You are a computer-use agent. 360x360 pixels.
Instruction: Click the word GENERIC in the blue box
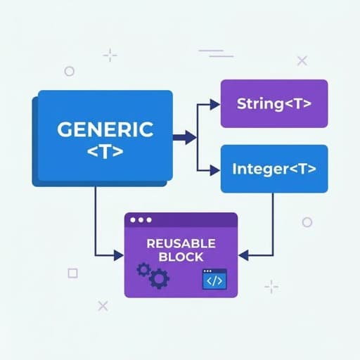105,130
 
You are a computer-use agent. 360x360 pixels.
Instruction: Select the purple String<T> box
274,104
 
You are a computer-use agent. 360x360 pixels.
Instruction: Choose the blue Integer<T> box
274,169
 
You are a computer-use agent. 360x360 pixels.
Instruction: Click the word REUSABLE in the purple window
181,243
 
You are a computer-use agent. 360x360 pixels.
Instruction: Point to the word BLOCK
181,258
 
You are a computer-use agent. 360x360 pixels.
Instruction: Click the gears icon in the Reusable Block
153,275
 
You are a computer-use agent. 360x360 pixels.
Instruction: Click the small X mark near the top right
302,61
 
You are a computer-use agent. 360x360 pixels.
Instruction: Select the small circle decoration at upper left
69,71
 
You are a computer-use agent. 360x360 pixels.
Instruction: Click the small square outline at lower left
72,273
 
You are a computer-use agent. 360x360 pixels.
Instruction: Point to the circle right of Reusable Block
307,222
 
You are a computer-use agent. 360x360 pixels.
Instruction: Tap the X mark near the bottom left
103,306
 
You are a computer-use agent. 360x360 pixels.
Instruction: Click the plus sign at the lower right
271,286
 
